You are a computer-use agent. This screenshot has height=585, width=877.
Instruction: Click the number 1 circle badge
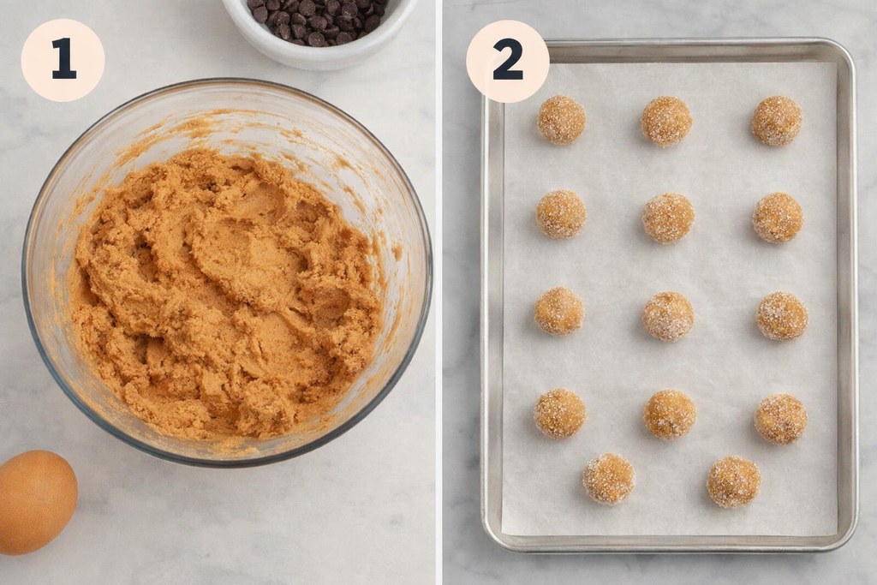[63, 60]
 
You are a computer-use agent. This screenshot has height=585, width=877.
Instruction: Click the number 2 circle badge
[507, 61]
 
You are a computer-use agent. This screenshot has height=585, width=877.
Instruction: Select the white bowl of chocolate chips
[319, 29]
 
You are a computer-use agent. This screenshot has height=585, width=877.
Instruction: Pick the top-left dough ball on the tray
[561, 120]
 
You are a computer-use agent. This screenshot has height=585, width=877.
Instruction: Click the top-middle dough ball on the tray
[666, 121]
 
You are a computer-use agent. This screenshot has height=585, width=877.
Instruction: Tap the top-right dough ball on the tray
[777, 121]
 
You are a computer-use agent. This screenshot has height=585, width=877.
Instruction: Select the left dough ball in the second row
[561, 214]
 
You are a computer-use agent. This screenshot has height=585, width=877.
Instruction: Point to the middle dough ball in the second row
[668, 218]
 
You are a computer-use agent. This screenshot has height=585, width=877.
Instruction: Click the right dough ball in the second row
[778, 218]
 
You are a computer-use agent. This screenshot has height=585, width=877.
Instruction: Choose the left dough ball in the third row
[559, 311]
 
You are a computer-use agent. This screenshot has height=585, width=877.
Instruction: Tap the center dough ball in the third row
[668, 316]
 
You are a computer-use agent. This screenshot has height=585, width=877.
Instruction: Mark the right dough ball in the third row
[781, 316]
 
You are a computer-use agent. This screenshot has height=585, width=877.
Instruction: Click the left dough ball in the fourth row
[560, 414]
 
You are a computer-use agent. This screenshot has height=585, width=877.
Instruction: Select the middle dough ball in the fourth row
[670, 415]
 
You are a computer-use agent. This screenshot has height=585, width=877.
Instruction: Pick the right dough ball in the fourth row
[780, 419]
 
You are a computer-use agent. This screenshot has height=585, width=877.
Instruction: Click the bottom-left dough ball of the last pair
[609, 479]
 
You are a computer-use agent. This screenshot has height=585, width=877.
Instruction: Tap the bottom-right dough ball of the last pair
[733, 481]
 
